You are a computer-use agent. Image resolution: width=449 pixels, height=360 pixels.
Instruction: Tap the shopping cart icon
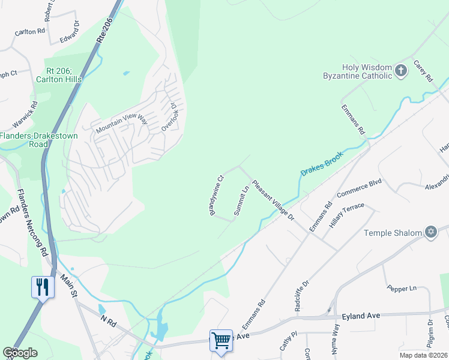221,340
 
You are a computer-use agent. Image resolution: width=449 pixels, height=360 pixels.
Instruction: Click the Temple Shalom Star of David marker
430,232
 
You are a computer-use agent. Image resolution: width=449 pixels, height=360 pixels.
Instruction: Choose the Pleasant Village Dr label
273,200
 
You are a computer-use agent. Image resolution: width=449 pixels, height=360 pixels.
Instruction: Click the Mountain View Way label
122,124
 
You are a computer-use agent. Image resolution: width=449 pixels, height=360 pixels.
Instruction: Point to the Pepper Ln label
402,289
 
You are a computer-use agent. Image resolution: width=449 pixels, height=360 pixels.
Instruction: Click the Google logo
20,352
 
